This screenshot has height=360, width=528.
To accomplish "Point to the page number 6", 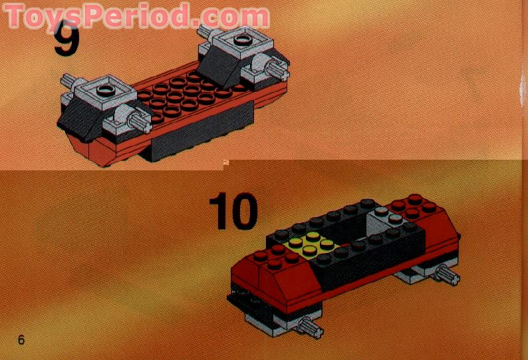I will coord(21,340).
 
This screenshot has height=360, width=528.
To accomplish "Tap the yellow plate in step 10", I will coord(312,247).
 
